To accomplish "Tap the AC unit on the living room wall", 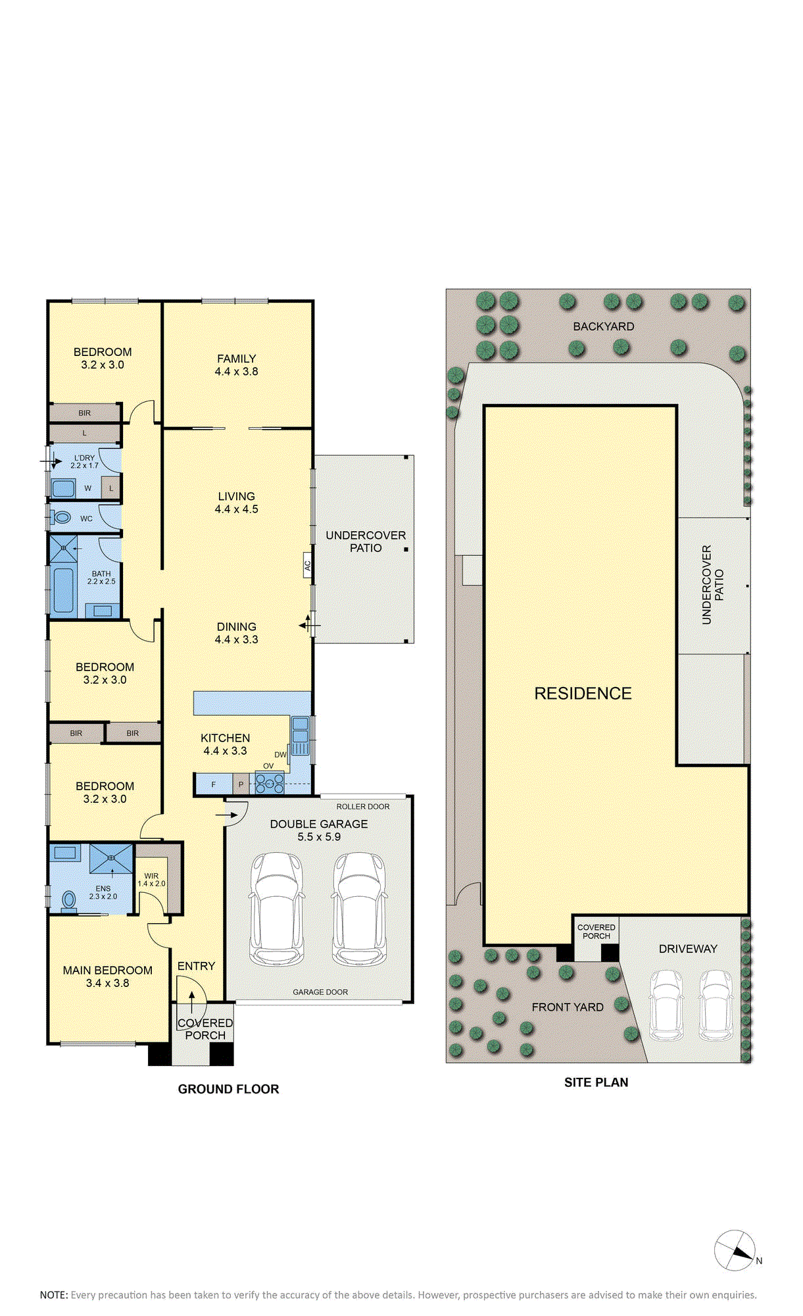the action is coord(307,565).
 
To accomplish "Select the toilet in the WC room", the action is coord(62,517).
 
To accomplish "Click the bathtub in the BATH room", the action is coord(64,590).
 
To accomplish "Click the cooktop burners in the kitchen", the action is coord(270,782).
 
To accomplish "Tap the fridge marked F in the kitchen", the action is coord(214,784).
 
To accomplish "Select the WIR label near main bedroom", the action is coord(151,876).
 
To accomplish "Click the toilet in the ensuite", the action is coord(68,899).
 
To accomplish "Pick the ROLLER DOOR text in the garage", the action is coord(363,806).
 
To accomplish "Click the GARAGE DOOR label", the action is coord(320,992).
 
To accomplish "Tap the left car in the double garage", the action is coord(278,909).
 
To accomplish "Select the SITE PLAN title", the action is coord(596,1082).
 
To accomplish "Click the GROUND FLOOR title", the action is coord(228,1089).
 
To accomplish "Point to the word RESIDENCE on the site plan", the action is coord(583,694).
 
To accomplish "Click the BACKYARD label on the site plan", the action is coord(603,326).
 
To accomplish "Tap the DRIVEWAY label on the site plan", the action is coord(688,949).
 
